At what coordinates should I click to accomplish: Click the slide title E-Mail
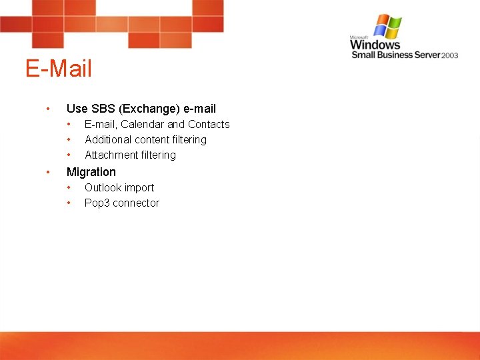[59, 69]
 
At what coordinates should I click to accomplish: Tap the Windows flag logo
[387, 27]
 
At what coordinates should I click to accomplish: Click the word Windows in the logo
[375, 45]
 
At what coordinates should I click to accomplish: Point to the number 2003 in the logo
[449, 55]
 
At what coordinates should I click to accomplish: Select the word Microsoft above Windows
[360, 37]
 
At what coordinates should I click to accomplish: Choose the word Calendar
[142, 124]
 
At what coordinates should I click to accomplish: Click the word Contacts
[209, 124]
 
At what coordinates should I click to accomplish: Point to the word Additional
[108, 139]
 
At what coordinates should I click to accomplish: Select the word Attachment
[111, 155]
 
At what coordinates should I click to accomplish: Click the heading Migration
[91, 172]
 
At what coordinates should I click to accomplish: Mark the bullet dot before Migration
[47, 172]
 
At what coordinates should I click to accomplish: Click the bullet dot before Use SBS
[47, 108]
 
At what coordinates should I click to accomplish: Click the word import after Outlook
[139, 187]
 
